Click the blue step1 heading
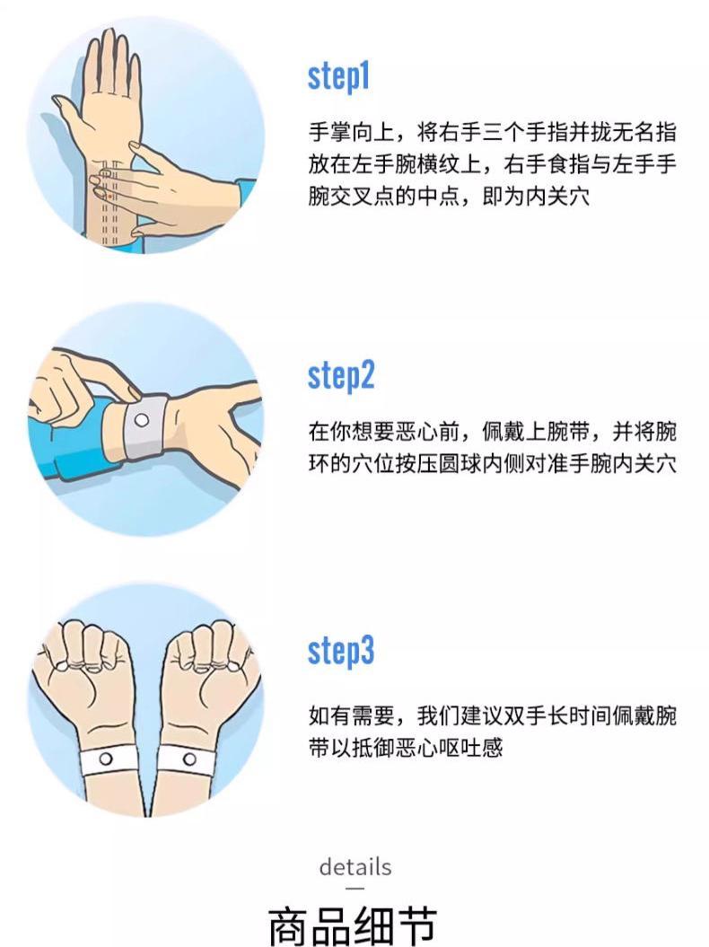click(x=338, y=77)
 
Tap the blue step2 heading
click(x=341, y=376)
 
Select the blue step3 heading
click(x=341, y=651)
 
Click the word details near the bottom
click(x=355, y=867)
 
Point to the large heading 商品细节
click(x=353, y=925)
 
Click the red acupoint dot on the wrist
click(x=109, y=197)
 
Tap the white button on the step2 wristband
click(x=142, y=420)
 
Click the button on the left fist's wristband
click(x=106, y=758)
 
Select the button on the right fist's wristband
click(x=189, y=758)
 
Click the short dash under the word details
click(x=355, y=888)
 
